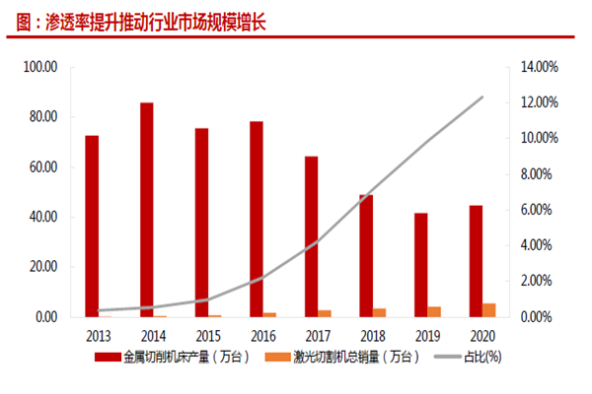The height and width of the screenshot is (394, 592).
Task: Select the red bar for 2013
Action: [x=92, y=226]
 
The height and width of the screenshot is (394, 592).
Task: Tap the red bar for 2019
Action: [x=420, y=265]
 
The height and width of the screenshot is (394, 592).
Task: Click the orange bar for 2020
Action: [x=488, y=310]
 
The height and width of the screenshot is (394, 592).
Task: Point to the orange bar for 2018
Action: [x=379, y=312]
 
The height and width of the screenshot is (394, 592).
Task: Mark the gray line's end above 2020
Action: [x=481, y=97]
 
